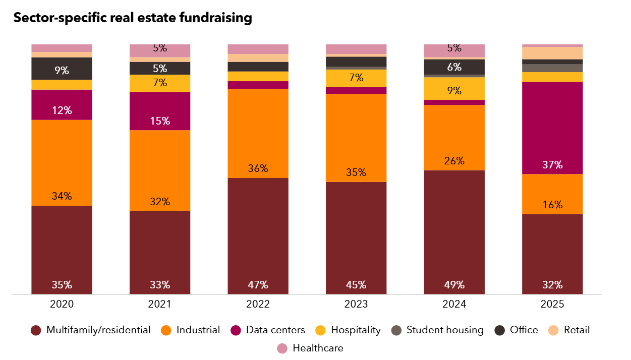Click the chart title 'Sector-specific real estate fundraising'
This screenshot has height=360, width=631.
[x=133, y=18]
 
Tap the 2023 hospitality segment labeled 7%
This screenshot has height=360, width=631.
[x=356, y=78]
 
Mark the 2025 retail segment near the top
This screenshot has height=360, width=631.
[x=552, y=53]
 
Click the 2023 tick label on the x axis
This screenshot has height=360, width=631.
[x=356, y=305]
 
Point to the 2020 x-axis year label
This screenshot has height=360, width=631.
[x=62, y=305]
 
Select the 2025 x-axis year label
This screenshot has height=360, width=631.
[x=552, y=305]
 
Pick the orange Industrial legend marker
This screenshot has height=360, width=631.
[x=166, y=331]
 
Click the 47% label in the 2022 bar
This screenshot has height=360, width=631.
[x=258, y=285]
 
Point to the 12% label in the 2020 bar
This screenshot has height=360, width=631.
[x=62, y=110]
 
